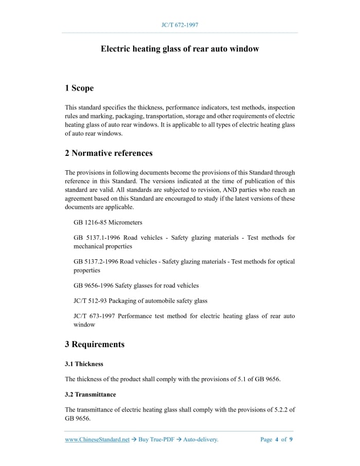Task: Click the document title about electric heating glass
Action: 179,49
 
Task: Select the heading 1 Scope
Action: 79,88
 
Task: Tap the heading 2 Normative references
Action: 109,153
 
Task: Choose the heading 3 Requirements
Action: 95,344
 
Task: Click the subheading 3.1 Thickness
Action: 84,364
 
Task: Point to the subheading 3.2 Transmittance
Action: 91,395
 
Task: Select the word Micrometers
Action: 126,222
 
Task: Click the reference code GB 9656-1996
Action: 93,285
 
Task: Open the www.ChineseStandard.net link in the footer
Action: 97,439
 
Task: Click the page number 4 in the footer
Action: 277,439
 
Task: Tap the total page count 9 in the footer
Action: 291,439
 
